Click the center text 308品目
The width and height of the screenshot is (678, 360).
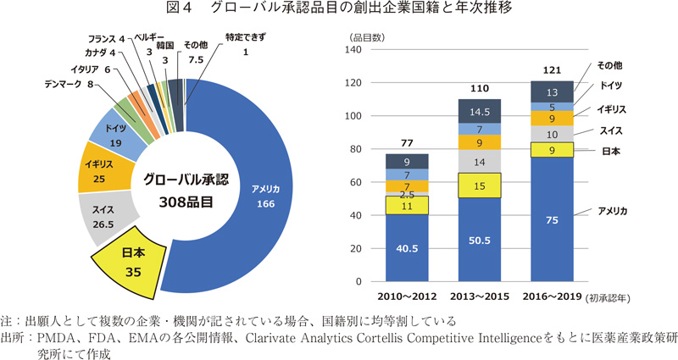point(184,202)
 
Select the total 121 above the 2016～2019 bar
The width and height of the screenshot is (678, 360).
point(552,69)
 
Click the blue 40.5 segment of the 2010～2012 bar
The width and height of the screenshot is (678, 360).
point(408,247)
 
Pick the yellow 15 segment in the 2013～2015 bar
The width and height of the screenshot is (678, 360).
point(480,186)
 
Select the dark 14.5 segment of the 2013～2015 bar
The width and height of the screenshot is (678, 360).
point(480,111)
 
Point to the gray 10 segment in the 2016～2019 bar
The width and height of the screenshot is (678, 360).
point(552,134)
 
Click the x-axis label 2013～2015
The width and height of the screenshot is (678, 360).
point(480,298)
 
